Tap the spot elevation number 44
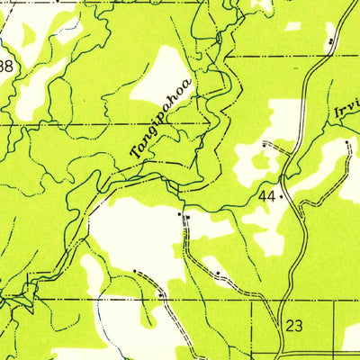[x=265, y=195]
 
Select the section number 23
[x=293, y=326]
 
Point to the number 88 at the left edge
[x=7, y=66]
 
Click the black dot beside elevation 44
[x=282, y=195]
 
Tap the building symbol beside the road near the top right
[x=331, y=41]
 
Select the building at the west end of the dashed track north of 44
[x=264, y=143]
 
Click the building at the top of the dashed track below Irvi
[x=348, y=141]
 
